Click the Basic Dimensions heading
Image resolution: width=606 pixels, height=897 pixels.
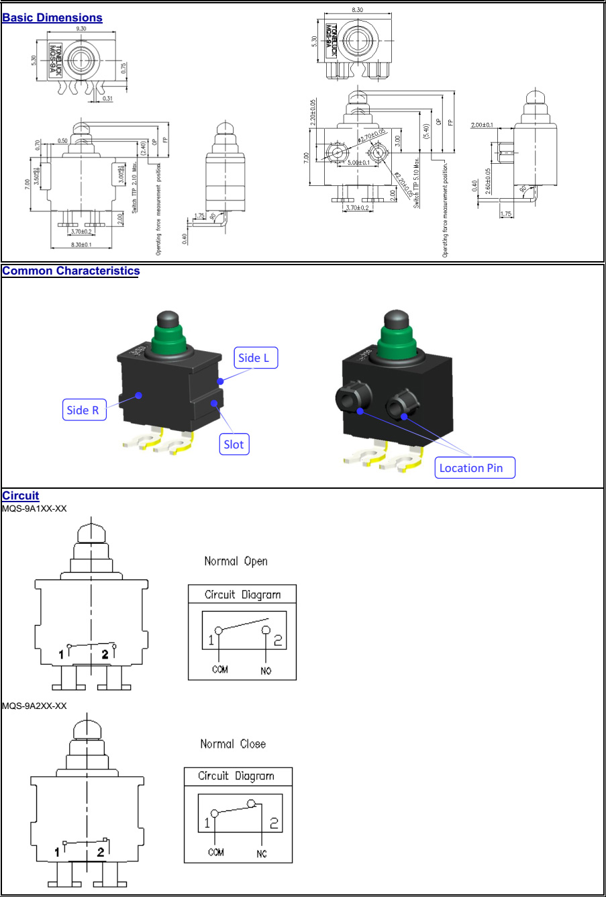52,18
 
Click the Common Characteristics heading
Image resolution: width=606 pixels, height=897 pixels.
70,271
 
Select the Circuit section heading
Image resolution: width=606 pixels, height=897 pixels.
20,495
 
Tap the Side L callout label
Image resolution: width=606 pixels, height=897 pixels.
254,359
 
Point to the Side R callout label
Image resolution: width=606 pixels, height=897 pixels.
86,410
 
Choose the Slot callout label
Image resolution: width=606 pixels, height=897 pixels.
234,444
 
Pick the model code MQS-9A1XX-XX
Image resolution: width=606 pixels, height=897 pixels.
34,508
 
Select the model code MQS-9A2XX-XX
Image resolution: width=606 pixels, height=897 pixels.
34,706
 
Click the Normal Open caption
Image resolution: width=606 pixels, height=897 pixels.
236,561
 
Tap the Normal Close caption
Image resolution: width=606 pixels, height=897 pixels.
233,744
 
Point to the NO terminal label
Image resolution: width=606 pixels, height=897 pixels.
266,670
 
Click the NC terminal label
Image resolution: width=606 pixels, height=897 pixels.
261,853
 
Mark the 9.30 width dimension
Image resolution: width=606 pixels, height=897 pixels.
81,29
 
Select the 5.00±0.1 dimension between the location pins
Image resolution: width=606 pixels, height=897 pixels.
358,162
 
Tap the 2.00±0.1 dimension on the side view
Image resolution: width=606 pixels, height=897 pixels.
482,125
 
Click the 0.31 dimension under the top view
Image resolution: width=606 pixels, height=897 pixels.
107,99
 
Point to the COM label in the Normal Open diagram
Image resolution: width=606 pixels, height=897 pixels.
219,669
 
